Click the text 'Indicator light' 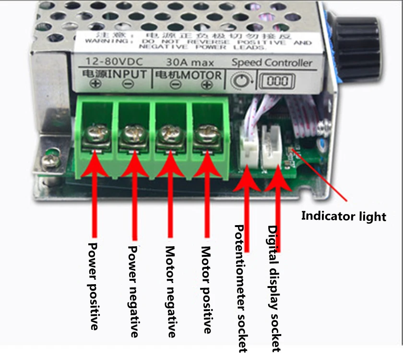tap(344, 216)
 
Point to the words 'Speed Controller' tap(272, 62)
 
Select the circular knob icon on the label tap(239, 81)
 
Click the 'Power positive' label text tap(94, 286)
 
